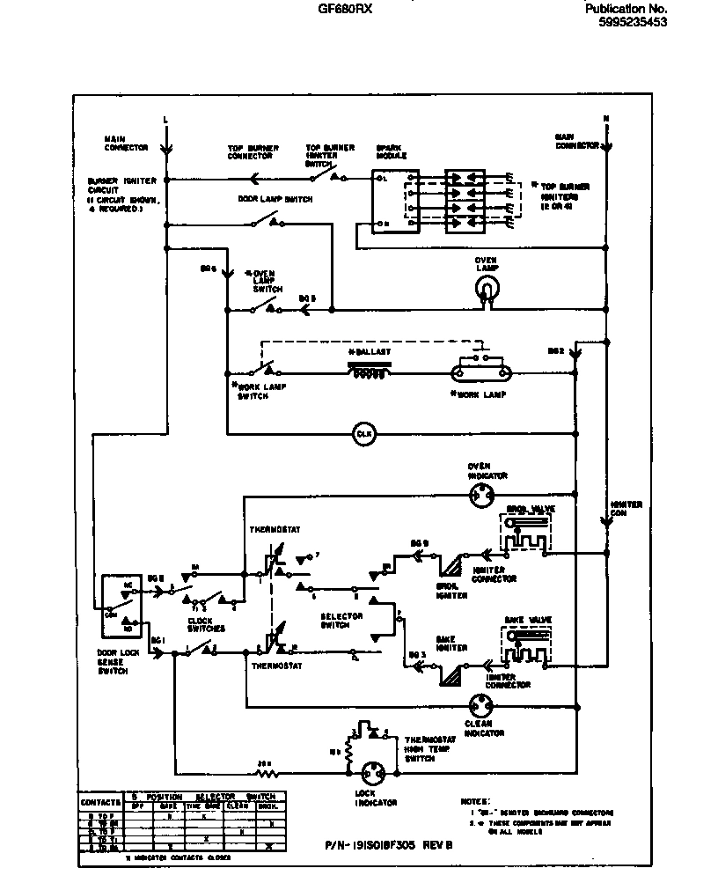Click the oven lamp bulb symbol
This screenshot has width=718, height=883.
[x=485, y=287]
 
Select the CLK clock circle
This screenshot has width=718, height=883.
[x=363, y=434]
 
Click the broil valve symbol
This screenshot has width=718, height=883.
[x=524, y=533]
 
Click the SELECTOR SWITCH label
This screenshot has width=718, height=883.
[x=341, y=621]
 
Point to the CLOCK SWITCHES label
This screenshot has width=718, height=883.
[x=206, y=624]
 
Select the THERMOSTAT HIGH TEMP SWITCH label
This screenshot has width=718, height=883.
[x=430, y=749]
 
